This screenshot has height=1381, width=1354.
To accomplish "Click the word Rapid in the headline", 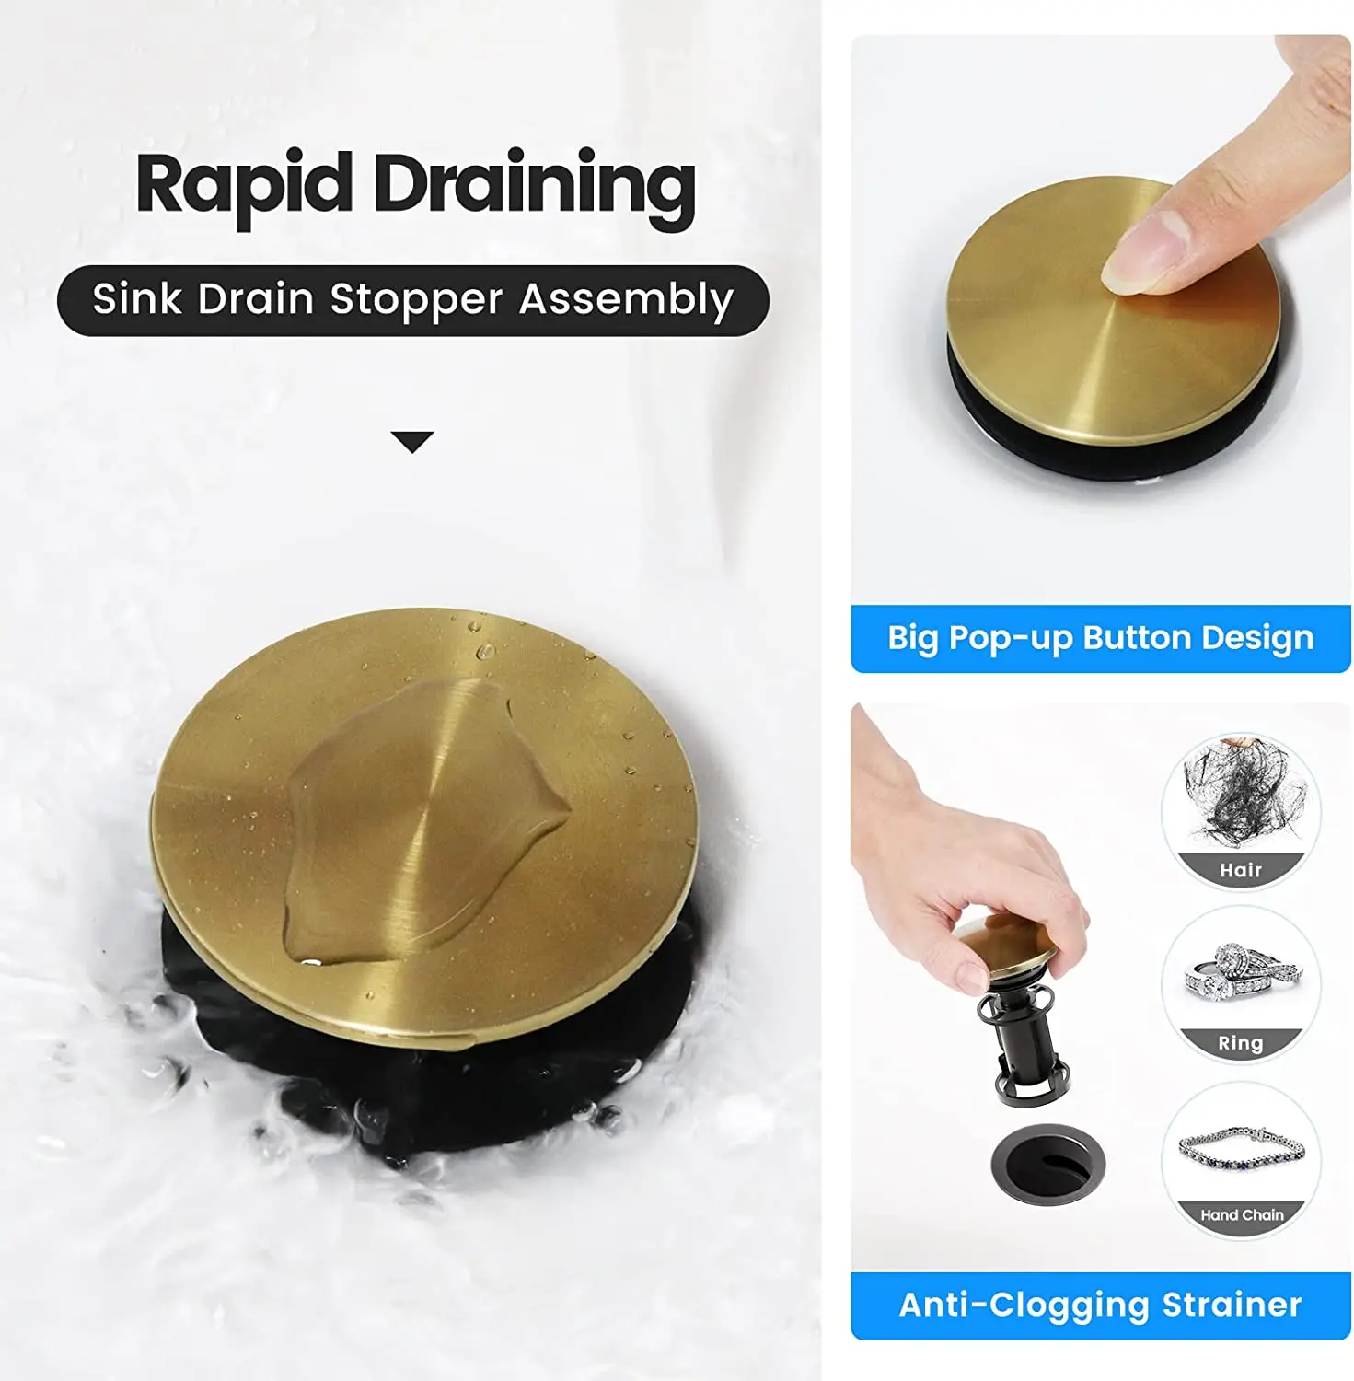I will (244, 184).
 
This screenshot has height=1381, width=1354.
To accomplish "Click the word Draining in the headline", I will (534, 187).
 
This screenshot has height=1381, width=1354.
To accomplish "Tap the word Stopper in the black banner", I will (416, 300).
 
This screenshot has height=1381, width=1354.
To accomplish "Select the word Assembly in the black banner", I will (626, 300).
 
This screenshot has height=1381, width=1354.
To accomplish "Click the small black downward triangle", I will (411, 442).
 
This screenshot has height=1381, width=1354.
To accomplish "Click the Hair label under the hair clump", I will (1240, 870).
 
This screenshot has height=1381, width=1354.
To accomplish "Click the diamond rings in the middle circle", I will (1238, 979).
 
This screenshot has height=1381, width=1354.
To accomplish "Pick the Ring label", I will (1240, 1043).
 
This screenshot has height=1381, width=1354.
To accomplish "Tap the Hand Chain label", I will (1241, 1215).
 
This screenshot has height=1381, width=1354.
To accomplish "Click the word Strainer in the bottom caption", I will (1232, 1305).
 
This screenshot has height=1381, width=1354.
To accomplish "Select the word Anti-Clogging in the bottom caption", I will (1025, 1305).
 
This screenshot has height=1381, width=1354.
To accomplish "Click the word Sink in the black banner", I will (137, 300).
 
